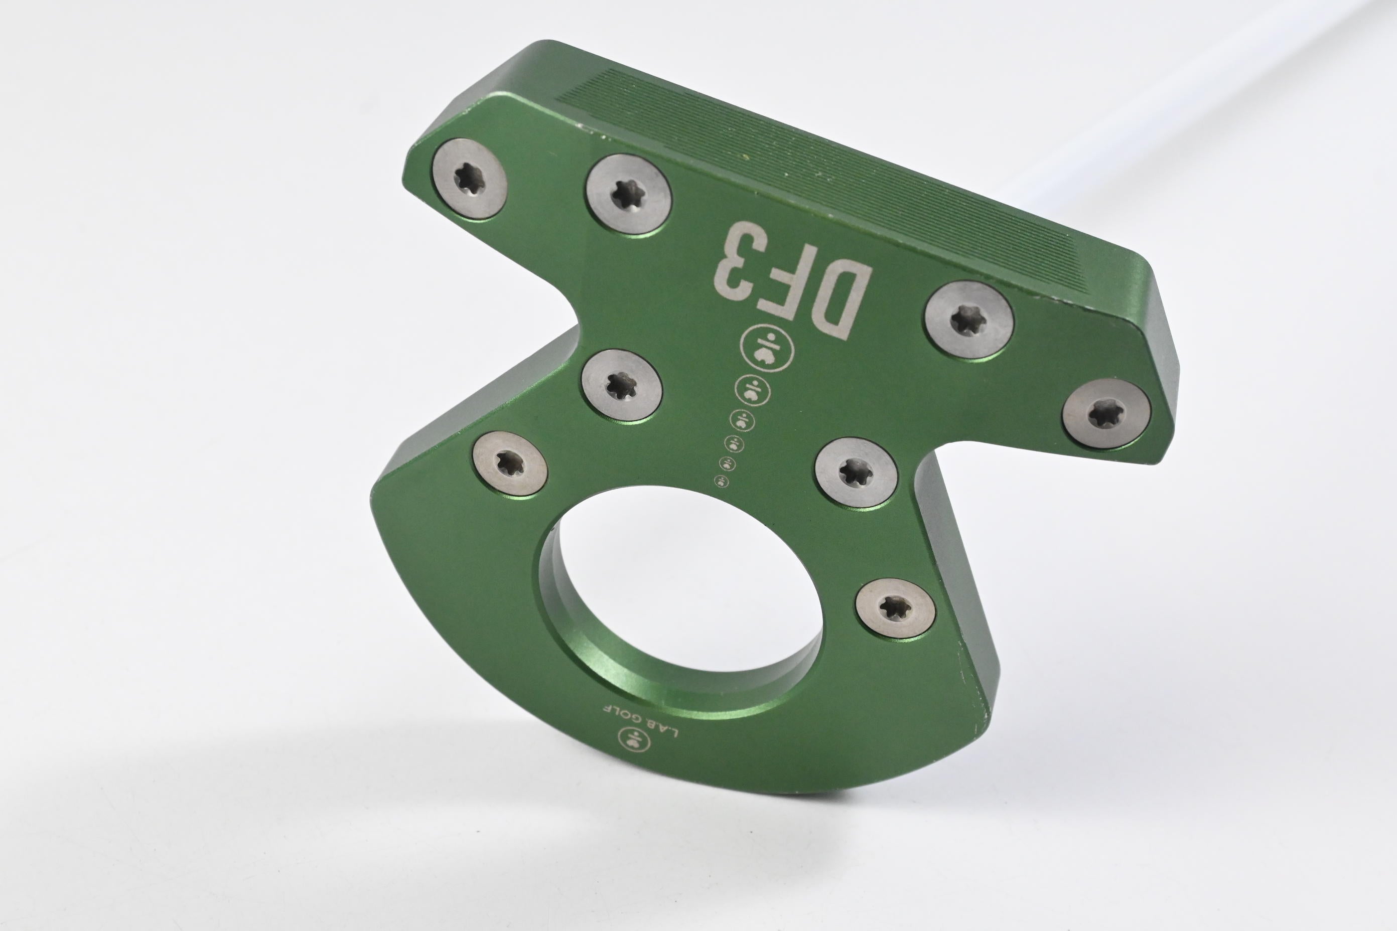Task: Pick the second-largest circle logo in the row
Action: [x=753, y=391]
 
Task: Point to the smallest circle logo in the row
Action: [x=722, y=481]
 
